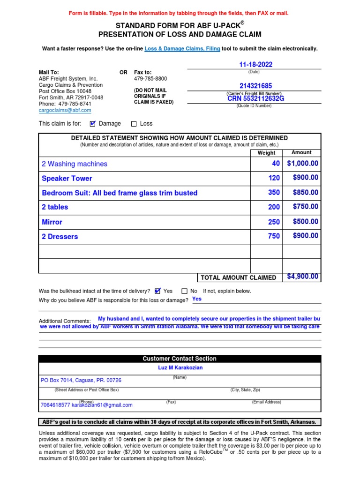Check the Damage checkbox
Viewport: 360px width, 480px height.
(92, 124)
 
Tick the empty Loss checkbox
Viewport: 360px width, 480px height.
(134, 124)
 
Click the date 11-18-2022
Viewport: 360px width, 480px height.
(255, 65)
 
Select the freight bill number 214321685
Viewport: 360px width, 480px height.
(255, 86)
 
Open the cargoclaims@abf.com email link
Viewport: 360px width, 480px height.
(65, 110)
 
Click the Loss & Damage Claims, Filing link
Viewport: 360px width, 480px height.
(182, 49)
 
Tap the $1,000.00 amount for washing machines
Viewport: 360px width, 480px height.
(302, 164)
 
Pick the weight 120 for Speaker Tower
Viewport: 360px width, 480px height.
(274, 178)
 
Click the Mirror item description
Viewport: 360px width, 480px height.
(52, 222)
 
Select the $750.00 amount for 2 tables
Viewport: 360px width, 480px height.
(305, 207)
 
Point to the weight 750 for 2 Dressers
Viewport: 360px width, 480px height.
(274, 237)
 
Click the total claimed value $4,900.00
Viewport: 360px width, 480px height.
(303, 277)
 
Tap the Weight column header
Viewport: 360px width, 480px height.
(267, 153)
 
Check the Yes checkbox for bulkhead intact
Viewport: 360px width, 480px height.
(157, 291)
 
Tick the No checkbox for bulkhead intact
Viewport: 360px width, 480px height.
(184, 291)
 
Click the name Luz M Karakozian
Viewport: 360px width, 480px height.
(180, 368)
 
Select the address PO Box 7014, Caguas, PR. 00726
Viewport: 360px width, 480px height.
(81, 380)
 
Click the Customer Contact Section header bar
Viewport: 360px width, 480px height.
(180, 359)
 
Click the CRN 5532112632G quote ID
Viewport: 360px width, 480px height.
(256, 98)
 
